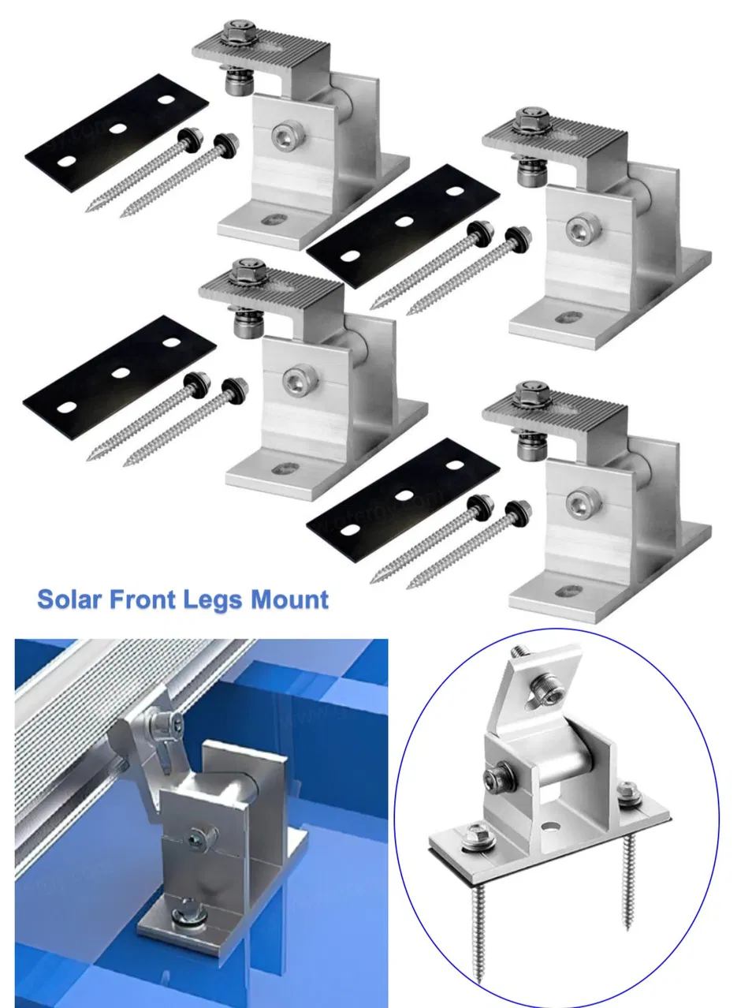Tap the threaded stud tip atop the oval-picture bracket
tap(520, 651)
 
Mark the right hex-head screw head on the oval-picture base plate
tap(629, 789)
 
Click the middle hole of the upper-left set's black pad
tap(118, 128)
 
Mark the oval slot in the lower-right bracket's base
tap(568, 589)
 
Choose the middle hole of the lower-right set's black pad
tap(404, 495)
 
